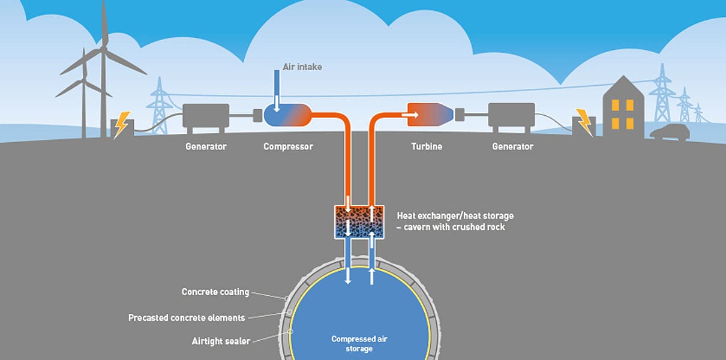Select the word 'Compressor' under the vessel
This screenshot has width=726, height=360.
(x=288, y=146)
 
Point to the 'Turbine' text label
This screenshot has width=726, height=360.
(x=427, y=146)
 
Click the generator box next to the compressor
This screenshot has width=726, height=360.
(x=206, y=115)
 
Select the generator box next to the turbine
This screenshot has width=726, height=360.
(x=512, y=115)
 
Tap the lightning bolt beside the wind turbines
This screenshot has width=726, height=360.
(x=122, y=125)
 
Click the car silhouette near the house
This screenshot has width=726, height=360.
(x=670, y=133)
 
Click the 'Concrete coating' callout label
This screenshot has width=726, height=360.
(x=215, y=292)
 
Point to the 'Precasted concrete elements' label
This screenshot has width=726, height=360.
(x=187, y=317)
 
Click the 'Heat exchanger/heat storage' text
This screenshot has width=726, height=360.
(x=455, y=215)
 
